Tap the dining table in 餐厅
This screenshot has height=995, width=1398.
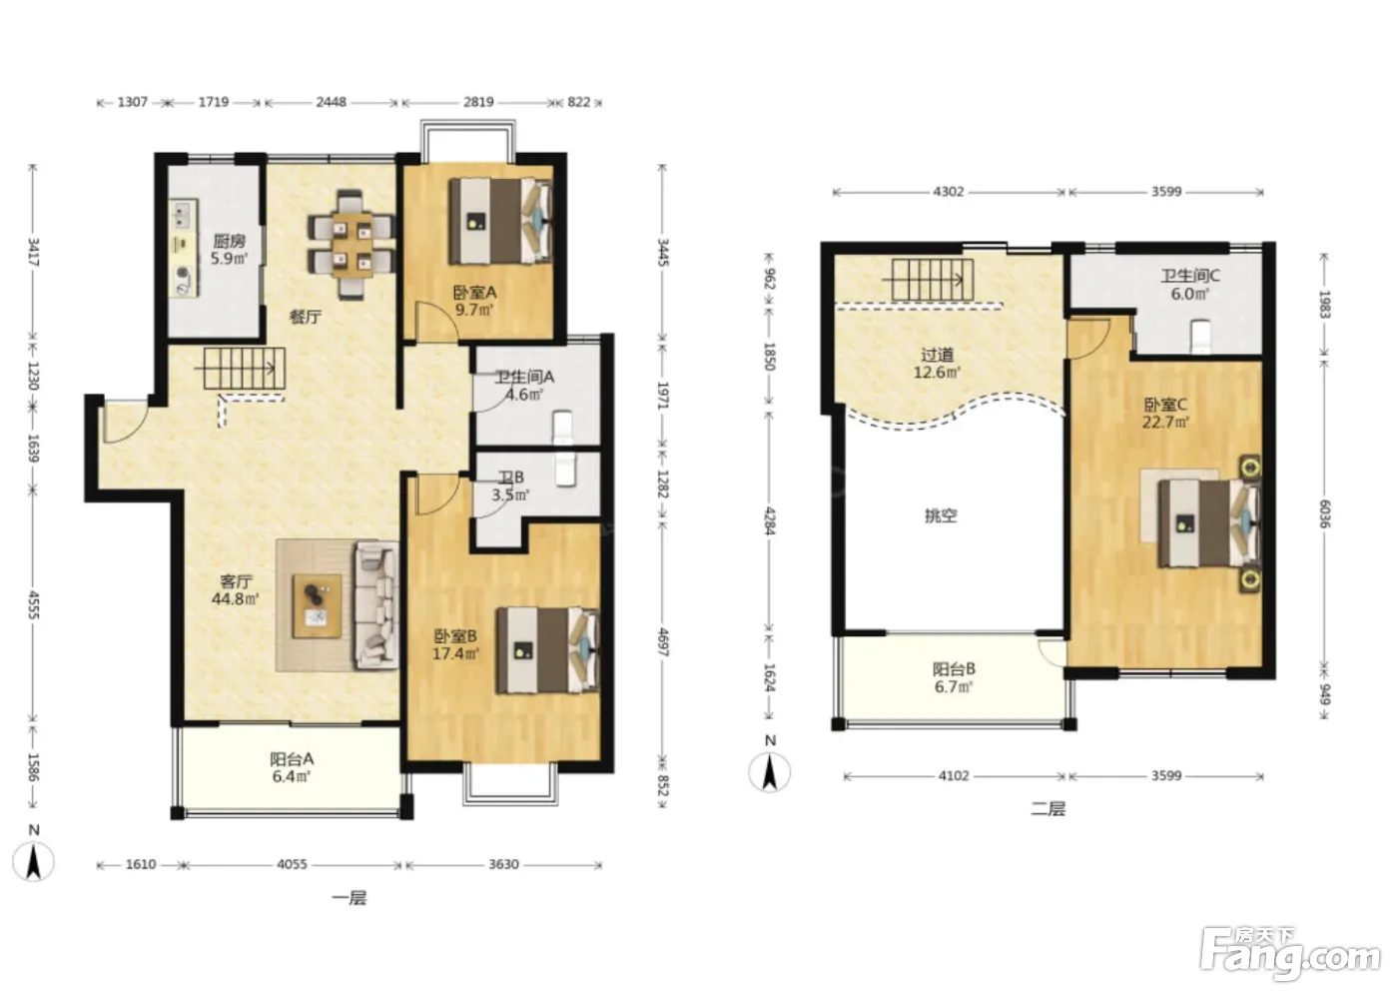tap(351, 246)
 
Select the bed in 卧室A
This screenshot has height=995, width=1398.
tap(500, 221)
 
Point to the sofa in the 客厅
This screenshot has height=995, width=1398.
tap(377, 605)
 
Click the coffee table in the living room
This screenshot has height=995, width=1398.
tap(318, 606)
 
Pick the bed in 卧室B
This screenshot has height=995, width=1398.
tap(548, 651)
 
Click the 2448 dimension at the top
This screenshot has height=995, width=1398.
tap(331, 102)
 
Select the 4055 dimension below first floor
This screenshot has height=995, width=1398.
tap(292, 864)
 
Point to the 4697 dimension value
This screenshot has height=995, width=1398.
tap(663, 641)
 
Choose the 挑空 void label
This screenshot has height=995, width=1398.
tap(941, 515)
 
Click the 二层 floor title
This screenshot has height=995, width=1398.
tap(1048, 809)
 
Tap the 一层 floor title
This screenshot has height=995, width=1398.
tap(349, 898)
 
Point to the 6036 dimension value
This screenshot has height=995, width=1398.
tap(1325, 513)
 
